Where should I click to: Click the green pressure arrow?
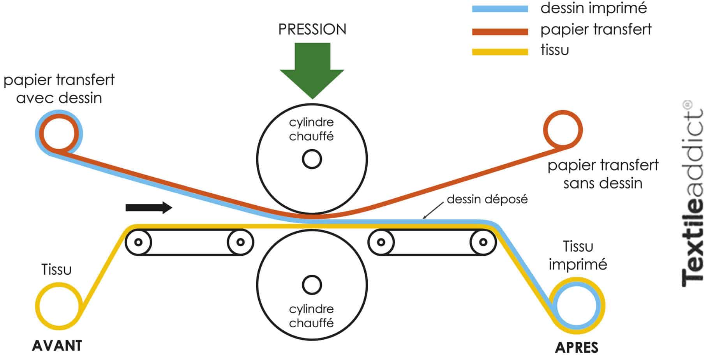pyautogui.click(x=312, y=70)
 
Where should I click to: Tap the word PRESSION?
pyautogui.click(x=312, y=30)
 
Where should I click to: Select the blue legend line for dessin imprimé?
pyautogui.click(x=500, y=9)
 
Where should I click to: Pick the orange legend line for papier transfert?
pyautogui.click(x=500, y=31)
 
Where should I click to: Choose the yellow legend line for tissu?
pyautogui.click(x=500, y=51)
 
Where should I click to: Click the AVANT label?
pyautogui.click(x=57, y=346)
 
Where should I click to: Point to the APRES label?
pyautogui.click(x=576, y=347)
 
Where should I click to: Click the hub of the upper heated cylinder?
pyautogui.click(x=312, y=159)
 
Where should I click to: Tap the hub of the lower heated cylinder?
pyautogui.click(x=312, y=285)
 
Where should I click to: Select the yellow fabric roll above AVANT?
pyautogui.click(x=59, y=305)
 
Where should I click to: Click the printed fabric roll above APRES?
pyautogui.click(x=577, y=305)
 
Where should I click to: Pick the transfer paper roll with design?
pyautogui.click(x=59, y=133)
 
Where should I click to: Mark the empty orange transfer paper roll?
pyautogui.click(x=563, y=130)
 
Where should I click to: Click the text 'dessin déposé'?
pyautogui.click(x=487, y=199)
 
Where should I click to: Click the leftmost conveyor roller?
pyautogui.click(x=138, y=242)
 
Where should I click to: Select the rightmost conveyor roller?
pyautogui.click(x=483, y=242)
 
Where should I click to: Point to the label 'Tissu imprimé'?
pyautogui.click(x=578, y=255)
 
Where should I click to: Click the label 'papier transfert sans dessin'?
pyautogui.click(x=603, y=174)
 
